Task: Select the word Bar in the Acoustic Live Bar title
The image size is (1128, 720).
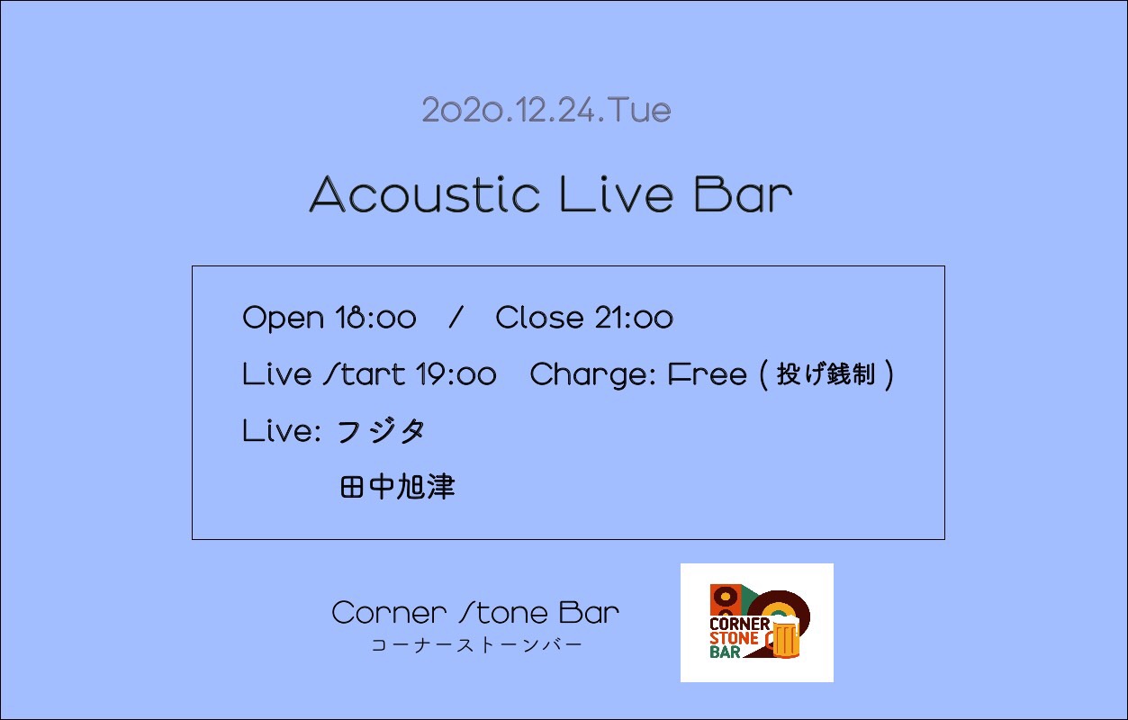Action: [x=743, y=194]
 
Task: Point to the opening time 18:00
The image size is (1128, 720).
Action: [x=375, y=318]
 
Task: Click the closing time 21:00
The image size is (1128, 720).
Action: [x=634, y=318]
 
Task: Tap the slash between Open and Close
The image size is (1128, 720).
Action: [x=456, y=318]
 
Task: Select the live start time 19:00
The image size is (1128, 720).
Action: [x=456, y=374]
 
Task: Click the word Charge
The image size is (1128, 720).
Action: [x=592, y=375]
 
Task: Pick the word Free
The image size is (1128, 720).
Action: [x=707, y=374]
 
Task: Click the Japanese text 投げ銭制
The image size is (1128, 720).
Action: [x=826, y=374]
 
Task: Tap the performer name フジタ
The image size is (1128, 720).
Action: [x=381, y=431]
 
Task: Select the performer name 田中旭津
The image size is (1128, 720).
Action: [x=397, y=487]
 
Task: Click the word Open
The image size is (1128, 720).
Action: [x=283, y=319]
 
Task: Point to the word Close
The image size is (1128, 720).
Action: [x=539, y=318]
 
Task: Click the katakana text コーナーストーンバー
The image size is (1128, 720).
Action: [x=476, y=645]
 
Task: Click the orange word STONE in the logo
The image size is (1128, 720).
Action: [x=734, y=638]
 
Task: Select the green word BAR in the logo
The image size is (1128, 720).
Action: [x=726, y=652]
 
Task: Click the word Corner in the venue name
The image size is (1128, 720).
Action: [x=389, y=613]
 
